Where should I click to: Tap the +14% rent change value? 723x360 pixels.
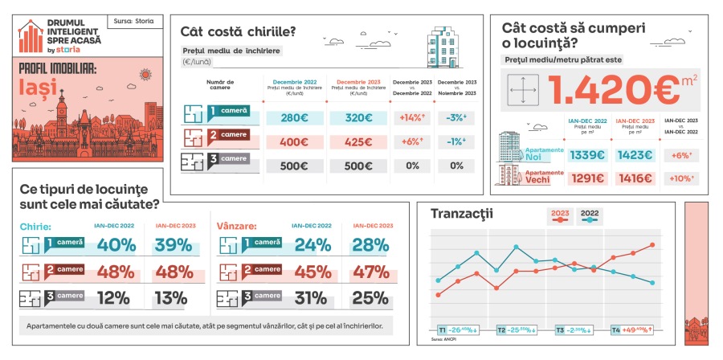click(x=411, y=118)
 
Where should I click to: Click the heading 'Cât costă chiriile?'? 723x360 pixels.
click(x=237, y=31)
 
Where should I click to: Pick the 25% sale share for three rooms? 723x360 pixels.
click(x=371, y=298)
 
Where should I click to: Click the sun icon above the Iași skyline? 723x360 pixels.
click(x=145, y=75)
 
